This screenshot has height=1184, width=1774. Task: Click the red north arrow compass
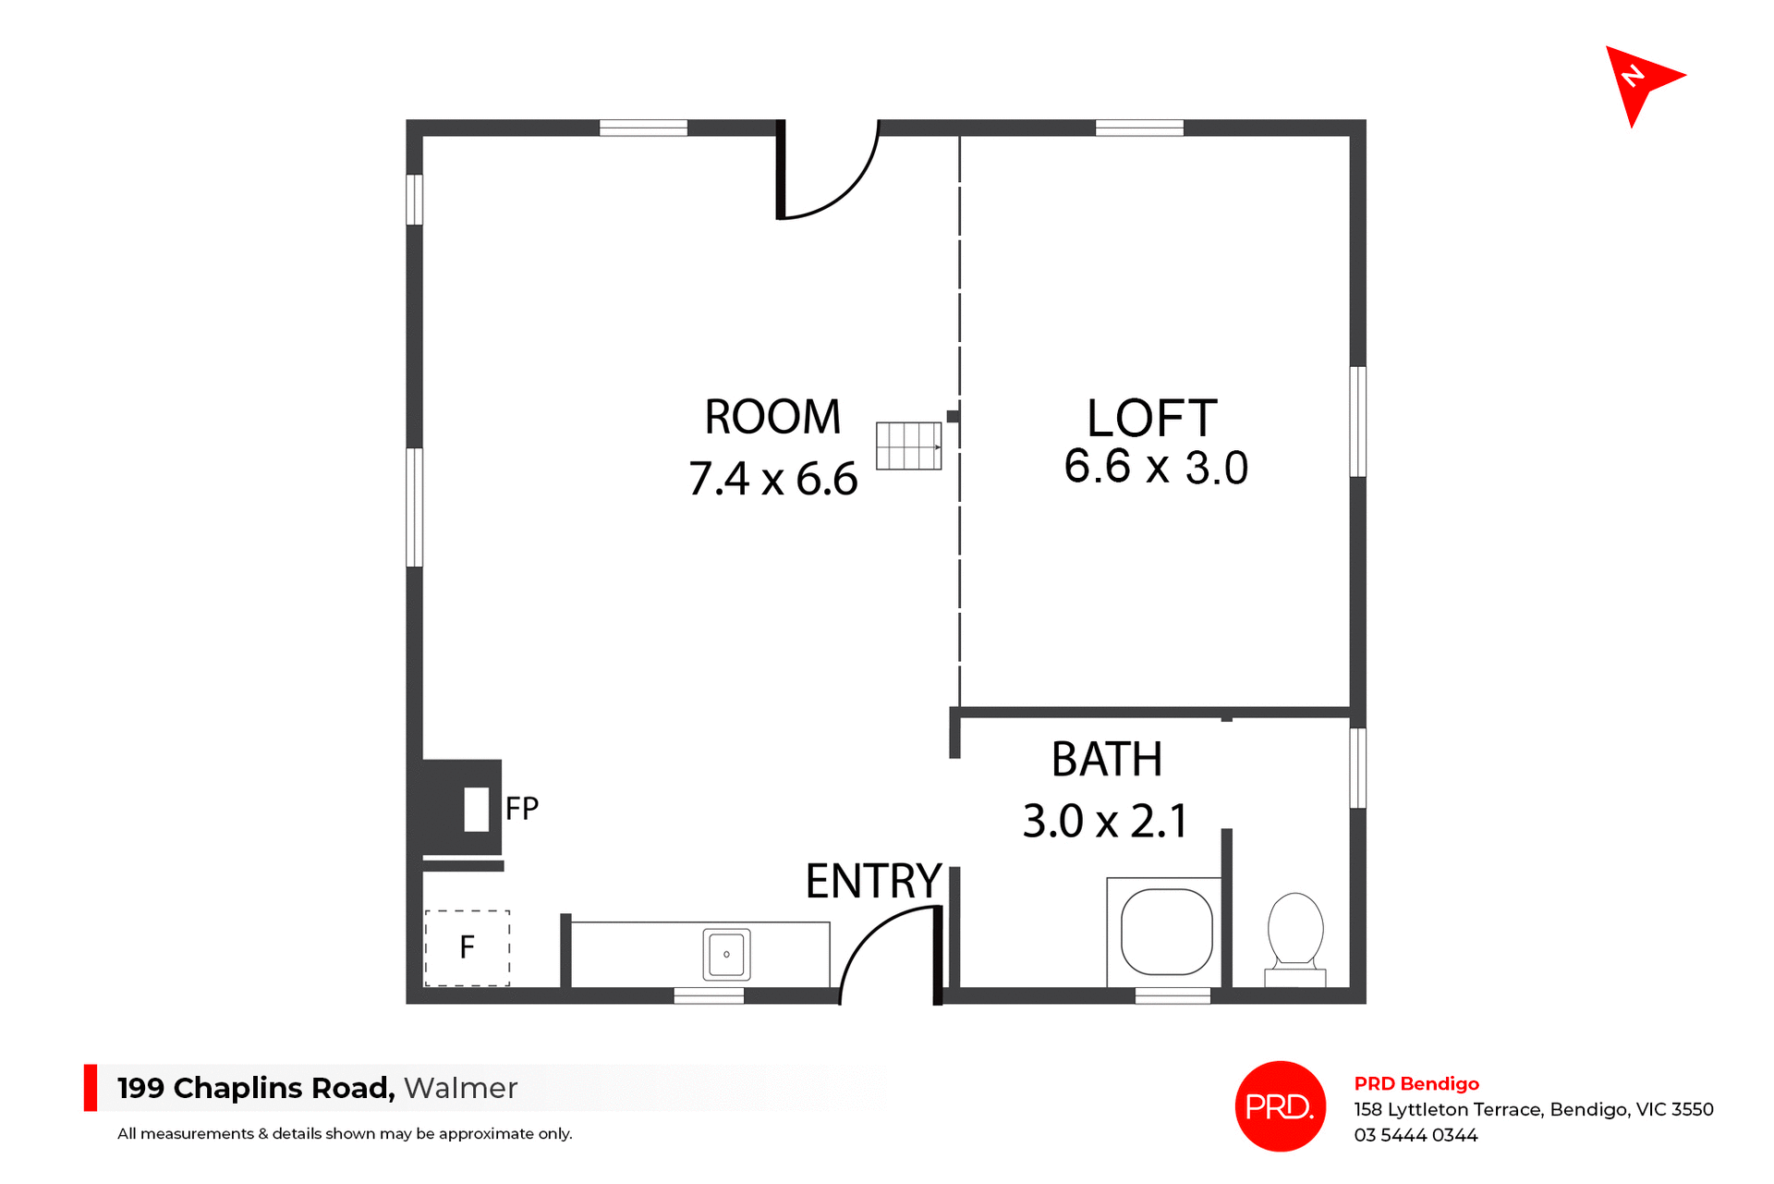(x=1640, y=81)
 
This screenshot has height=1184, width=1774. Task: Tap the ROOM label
(x=772, y=417)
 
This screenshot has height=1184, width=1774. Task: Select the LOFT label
(x=1151, y=419)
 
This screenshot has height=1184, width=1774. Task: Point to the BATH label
(x=1107, y=760)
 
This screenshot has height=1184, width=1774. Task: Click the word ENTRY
(x=873, y=881)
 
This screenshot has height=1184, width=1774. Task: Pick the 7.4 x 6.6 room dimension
(x=772, y=479)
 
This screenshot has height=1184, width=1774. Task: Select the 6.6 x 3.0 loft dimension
(x=1156, y=467)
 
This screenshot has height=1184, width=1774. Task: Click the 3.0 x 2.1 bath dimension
(x=1105, y=821)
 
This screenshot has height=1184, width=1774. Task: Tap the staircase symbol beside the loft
(x=908, y=446)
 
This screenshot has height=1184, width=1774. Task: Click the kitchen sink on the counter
(x=726, y=954)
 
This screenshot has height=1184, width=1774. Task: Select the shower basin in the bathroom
(x=1166, y=932)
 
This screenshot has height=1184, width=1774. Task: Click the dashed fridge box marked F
(x=468, y=947)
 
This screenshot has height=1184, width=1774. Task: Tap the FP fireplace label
(x=521, y=809)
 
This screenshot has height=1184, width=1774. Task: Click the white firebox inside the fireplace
(x=476, y=810)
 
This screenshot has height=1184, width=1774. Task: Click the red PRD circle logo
(x=1280, y=1106)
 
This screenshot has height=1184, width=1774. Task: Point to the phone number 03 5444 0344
(x=1416, y=1135)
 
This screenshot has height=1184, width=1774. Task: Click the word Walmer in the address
(x=460, y=1088)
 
